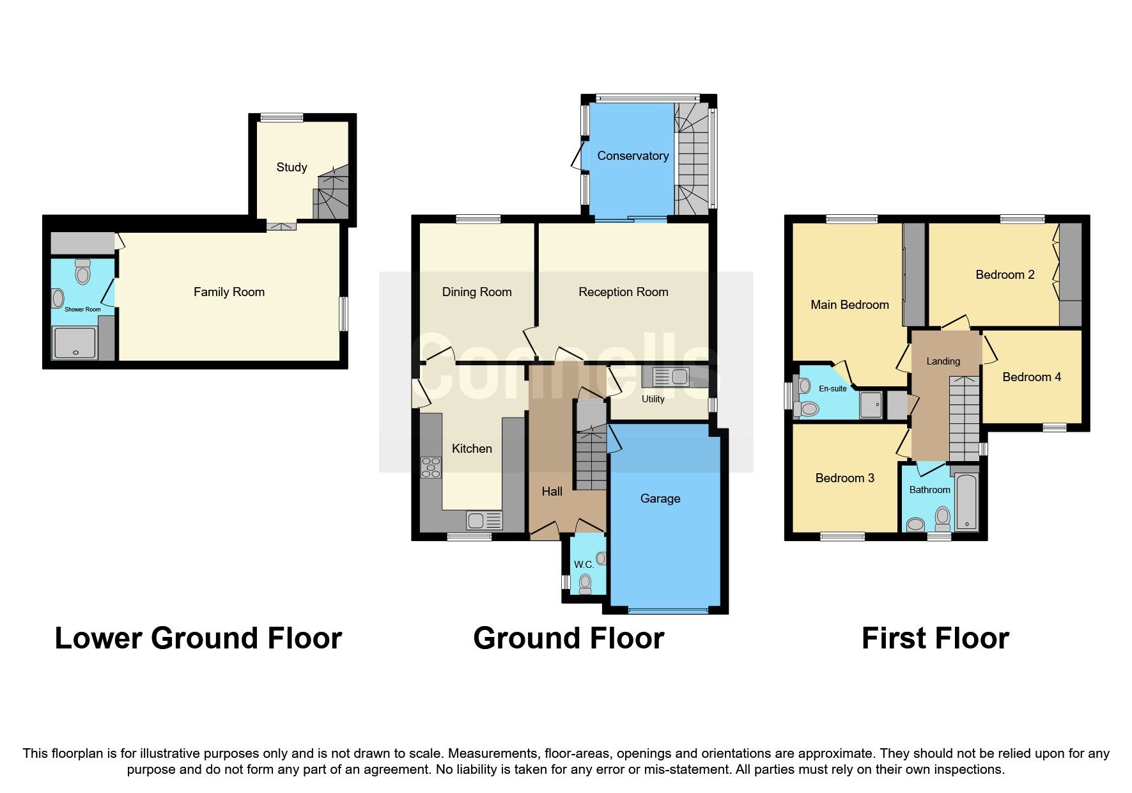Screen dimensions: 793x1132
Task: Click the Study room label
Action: pos(291,168)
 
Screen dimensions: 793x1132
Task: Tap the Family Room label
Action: pos(229,292)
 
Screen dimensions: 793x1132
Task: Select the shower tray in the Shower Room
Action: pos(75,343)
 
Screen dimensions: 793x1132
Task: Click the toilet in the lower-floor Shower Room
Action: pos(82,273)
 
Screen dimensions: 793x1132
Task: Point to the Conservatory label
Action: pos(633,156)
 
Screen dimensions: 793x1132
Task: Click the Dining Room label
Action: pos(477,292)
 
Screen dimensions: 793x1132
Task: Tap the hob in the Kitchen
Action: pos(431,467)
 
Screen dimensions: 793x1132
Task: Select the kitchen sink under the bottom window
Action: pos(484,521)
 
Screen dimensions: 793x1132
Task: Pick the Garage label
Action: pos(660,499)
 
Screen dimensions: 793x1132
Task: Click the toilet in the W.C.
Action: pos(585,584)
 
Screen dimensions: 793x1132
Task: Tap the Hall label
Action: pos(552,492)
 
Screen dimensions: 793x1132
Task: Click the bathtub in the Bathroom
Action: pos(966,503)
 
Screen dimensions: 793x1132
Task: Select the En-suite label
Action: pos(832,389)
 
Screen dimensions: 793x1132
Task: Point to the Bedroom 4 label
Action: pos(1031,377)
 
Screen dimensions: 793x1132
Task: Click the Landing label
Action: pos(943,361)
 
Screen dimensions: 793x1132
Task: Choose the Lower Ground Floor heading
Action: pos(198,638)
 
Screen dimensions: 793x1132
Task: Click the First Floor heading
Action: pos(934,638)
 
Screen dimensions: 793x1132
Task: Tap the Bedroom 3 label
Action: pos(844,478)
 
